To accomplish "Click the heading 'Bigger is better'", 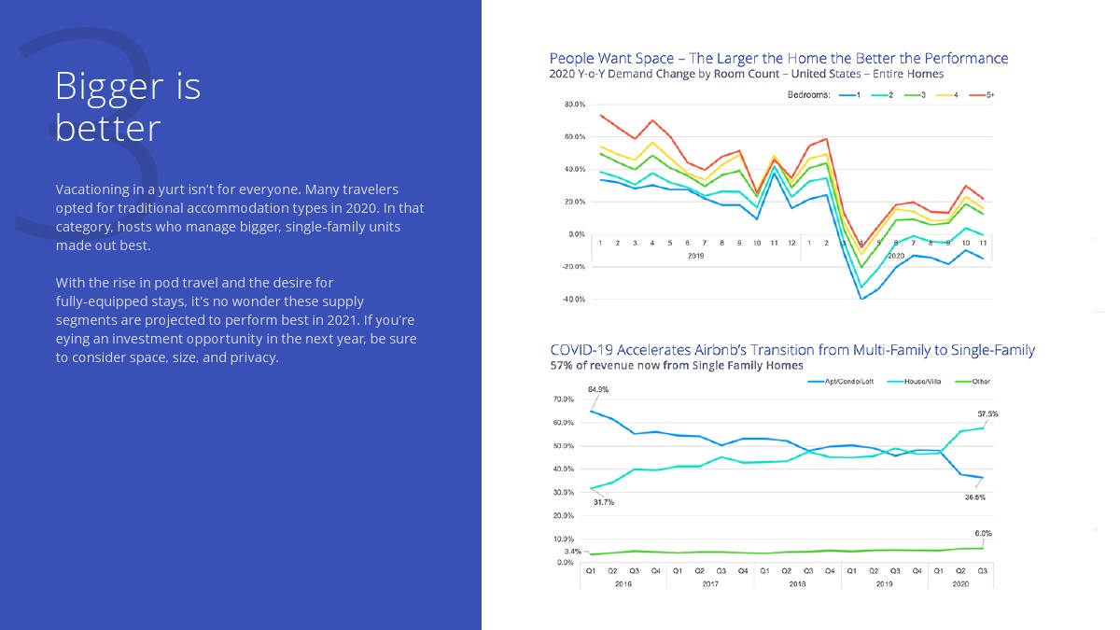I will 128,106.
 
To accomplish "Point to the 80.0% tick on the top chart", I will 575,104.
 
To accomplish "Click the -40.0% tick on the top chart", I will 575,300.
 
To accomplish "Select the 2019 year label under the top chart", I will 695,255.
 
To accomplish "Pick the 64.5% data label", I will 598,388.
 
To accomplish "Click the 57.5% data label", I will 987,413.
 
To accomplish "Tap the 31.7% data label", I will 603,502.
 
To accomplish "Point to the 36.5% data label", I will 974,497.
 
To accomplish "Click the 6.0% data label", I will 983,533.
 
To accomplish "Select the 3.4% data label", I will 572,552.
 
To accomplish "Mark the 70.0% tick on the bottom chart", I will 563,399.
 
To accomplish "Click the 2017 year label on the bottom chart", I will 710,583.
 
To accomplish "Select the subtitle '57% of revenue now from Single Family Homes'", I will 677,365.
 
